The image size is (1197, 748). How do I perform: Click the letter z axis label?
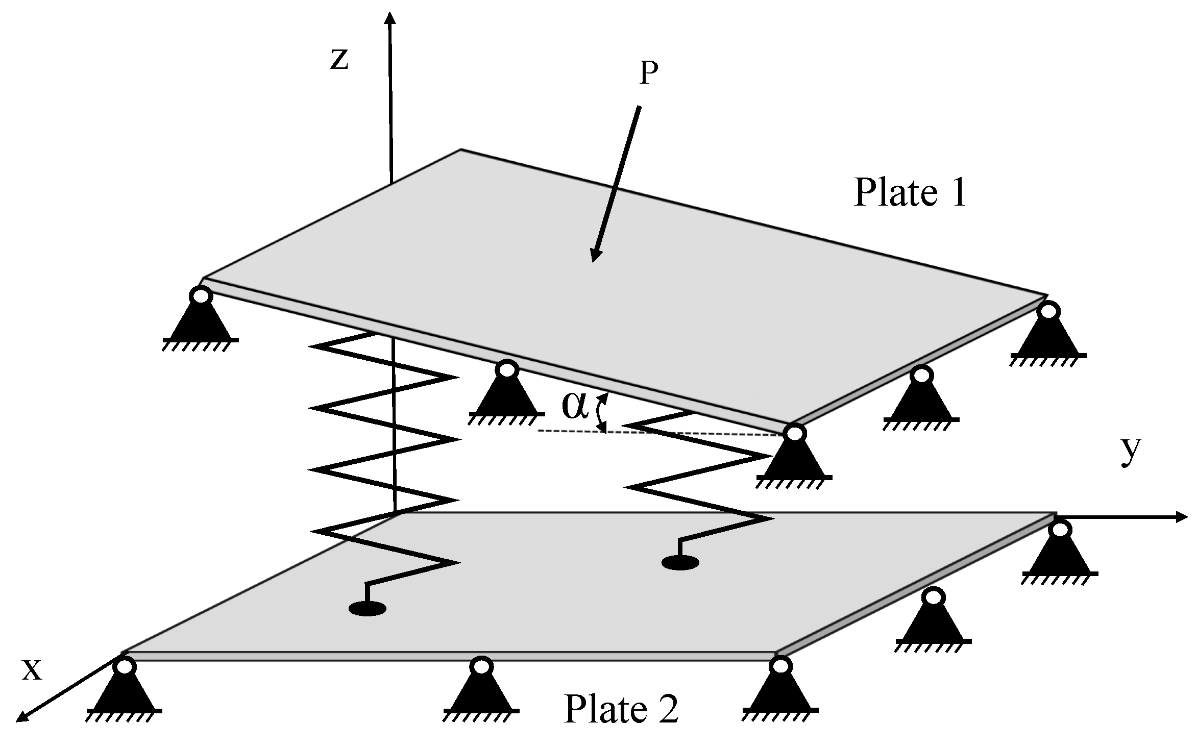tap(339, 59)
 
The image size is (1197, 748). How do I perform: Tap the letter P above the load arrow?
tap(648, 74)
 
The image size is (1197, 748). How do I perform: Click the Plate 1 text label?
tap(910, 193)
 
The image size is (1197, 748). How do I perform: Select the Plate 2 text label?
tap(621, 709)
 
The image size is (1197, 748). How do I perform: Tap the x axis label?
tap(32, 670)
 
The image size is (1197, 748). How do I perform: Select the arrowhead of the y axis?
tap(1183, 517)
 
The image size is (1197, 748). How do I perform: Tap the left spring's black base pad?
tap(367, 608)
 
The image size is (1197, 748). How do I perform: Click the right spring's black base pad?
tap(680, 563)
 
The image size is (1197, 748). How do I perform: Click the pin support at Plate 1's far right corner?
tap(1048, 334)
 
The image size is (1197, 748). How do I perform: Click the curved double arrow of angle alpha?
tap(602, 413)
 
